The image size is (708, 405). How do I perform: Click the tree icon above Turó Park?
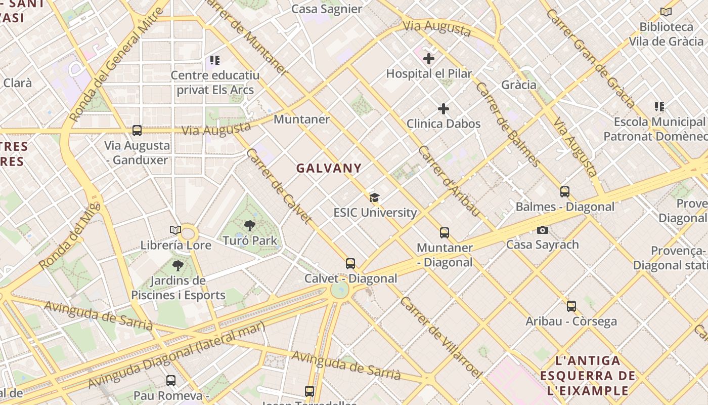click(249, 226)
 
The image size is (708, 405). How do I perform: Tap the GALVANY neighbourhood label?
click(329, 168)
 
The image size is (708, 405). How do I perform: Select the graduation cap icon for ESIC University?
click(374, 198)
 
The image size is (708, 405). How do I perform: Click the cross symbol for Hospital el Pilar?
click(429, 59)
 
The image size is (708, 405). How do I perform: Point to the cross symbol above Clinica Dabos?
click(444, 109)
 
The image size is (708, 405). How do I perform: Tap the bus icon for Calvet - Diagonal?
click(350, 263)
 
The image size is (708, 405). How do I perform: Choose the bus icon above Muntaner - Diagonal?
click(445, 233)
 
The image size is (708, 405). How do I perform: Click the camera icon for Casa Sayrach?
click(543, 230)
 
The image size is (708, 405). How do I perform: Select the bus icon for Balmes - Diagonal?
click(565, 192)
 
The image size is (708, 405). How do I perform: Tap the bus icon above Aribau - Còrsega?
click(571, 306)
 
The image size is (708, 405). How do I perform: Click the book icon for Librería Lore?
click(175, 230)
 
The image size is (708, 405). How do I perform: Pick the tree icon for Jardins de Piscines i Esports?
click(178, 265)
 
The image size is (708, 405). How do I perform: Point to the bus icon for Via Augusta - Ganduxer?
click(137, 131)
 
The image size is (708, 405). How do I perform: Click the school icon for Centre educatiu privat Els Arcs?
click(215, 61)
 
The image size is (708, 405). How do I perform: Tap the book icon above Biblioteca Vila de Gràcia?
click(666, 12)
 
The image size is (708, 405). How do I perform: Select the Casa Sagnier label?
click(327, 9)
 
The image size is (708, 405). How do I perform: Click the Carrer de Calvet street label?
click(279, 186)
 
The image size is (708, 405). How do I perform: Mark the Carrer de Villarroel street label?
click(441, 337)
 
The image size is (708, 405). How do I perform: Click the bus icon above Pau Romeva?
click(171, 380)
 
